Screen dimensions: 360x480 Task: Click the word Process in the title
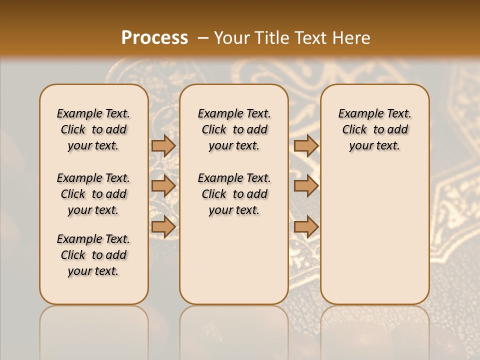tap(154, 38)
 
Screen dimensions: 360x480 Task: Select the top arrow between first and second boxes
tap(163, 145)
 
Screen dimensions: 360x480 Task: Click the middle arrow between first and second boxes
tap(163, 186)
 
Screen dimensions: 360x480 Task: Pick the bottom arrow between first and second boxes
tap(163, 226)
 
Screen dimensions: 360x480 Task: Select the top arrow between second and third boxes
tap(306, 145)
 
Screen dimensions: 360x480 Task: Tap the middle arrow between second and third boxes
tap(306, 186)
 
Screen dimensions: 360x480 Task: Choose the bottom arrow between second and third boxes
tap(306, 226)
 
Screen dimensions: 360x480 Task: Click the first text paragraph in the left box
tap(93, 129)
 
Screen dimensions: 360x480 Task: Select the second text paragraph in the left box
tap(93, 194)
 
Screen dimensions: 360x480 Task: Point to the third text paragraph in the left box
tap(93, 255)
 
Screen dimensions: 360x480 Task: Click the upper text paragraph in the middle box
tap(234, 129)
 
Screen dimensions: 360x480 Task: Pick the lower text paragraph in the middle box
tap(234, 194)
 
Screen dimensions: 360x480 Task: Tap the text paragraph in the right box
tap(374, 129)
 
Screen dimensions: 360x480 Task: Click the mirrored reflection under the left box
tap(94, 330)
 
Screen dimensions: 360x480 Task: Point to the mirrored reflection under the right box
tap(374, 330)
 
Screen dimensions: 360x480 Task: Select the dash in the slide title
tap(203, 38)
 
